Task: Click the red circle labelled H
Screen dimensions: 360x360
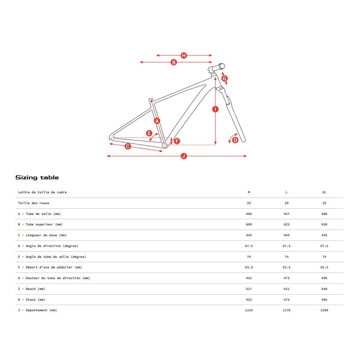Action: tap(184, 56)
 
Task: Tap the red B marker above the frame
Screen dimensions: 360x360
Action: tap(174, 62)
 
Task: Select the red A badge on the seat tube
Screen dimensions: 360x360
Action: tap(157, 121)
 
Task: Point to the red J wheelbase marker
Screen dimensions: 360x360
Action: tap(184, 156)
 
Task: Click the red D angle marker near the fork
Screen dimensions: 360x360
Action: tap(235, 140)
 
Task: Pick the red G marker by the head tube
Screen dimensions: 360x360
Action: tap(225, 78)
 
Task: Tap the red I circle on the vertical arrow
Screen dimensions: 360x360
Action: tap(216, 109)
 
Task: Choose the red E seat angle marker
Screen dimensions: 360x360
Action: tap(149, 133)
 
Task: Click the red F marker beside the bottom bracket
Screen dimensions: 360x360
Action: tap(177, 141)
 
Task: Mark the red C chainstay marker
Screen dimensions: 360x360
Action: tap(128, 146)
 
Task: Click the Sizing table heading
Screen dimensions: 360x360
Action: tap(37, 178)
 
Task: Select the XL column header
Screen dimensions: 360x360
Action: tap(324, 192)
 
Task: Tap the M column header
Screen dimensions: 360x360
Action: tap(249, 192)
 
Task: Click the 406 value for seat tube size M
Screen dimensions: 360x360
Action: tap(249, 214)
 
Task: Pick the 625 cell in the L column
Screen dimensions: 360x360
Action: tap(287, 224)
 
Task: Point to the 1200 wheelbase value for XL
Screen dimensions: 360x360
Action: tap(324, 310)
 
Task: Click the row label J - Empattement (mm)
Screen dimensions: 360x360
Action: tap(37, 310)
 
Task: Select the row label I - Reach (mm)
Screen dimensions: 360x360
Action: tap(31, 289)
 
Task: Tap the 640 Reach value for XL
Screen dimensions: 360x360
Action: tap(324, 289)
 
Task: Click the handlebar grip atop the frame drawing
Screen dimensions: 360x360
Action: tap(221, 66)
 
